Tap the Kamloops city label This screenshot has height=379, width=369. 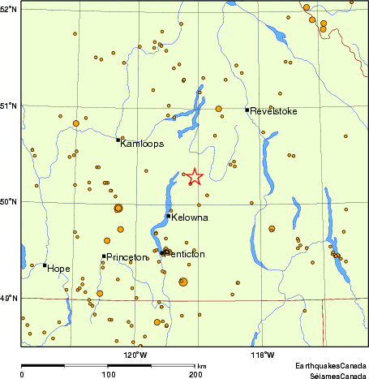coord(142,144)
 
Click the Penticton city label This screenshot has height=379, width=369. coord(186,254)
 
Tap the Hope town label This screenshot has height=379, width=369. coord(58,268)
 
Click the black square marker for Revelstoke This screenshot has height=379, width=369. coord(247,110)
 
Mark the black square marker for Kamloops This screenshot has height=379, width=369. coord(118,140)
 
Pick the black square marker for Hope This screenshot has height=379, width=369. coord(45,265)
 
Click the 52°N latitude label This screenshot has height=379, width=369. coord(9,9)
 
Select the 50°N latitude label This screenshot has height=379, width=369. coord(9,202)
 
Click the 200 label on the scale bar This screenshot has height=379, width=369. coord(195,375)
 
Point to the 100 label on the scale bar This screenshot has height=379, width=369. coord(109,375)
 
